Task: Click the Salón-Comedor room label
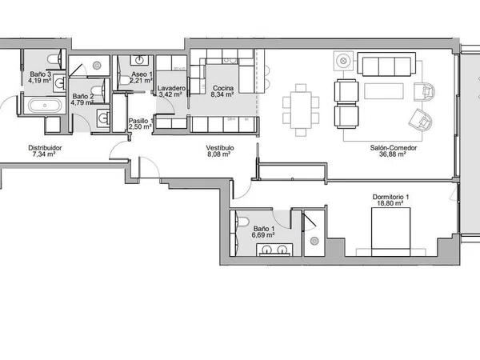(x=394, y=148)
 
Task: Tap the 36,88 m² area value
(x=393, y=154)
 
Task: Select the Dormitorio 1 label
(x=390, y=197)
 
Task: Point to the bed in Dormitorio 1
(x=390, y=232)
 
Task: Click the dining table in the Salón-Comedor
(x=301, y=110)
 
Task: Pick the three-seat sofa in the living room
(x=386, y=64)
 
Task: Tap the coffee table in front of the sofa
(x=384, y=91)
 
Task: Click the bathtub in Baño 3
(x=45, y=106)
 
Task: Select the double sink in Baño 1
(x=274, y=250)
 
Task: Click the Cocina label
(x=223, y=88)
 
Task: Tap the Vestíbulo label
(x=220, y=148)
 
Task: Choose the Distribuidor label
(x=45, y=148)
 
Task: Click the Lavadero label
(x=171, y=88)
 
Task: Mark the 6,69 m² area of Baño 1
(x=263, y=235)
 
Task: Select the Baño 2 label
(x=83, y=96)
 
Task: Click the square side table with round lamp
(x=343, y=61)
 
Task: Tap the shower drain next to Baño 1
(x=314, y=242)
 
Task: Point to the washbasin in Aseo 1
(x=140, y=60)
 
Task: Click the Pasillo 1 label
(x=140, y=121)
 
